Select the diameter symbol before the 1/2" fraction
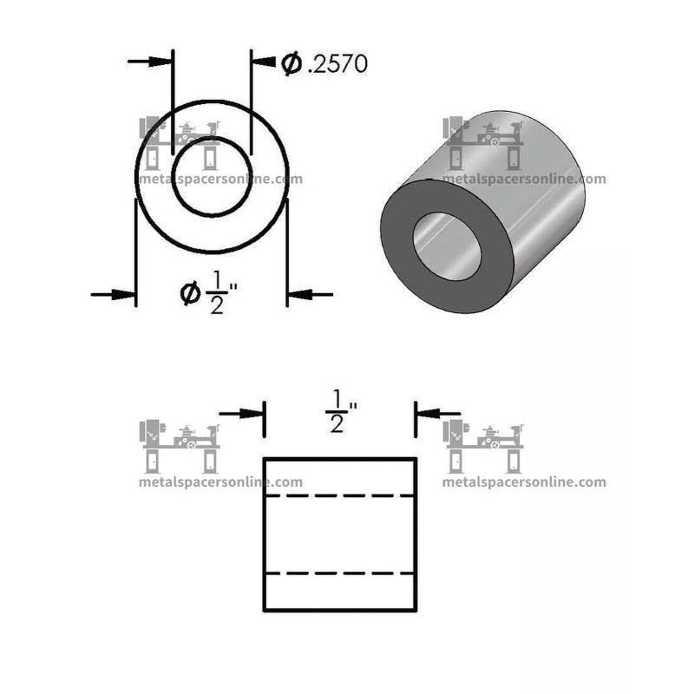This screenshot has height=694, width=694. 190,295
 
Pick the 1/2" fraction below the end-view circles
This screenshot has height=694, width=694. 218,295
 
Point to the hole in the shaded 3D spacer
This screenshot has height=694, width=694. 448,246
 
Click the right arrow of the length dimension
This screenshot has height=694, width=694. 438,414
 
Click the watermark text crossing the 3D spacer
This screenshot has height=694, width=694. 524,180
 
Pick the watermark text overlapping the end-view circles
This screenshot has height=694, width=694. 220,180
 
